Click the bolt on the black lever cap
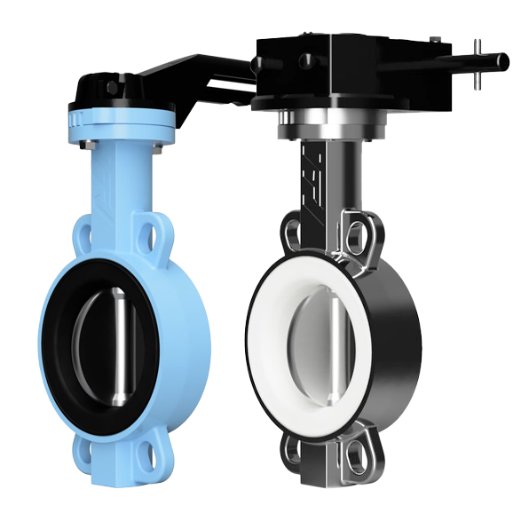coord(111,88)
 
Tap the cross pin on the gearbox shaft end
coord(478,63)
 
